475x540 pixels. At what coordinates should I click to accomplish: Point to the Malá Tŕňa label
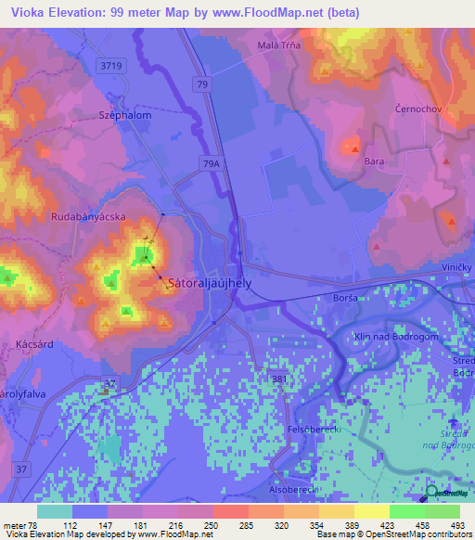(x=278, y=44)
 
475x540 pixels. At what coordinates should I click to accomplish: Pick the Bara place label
(x=374, y=161)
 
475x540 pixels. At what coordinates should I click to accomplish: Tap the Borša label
(x=346, y=299)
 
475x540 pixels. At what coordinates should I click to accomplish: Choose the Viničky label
(x=454, y=266)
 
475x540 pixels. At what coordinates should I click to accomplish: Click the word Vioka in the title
(x=21, y=11)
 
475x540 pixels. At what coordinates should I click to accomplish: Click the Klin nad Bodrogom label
(x=396, y=337)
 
